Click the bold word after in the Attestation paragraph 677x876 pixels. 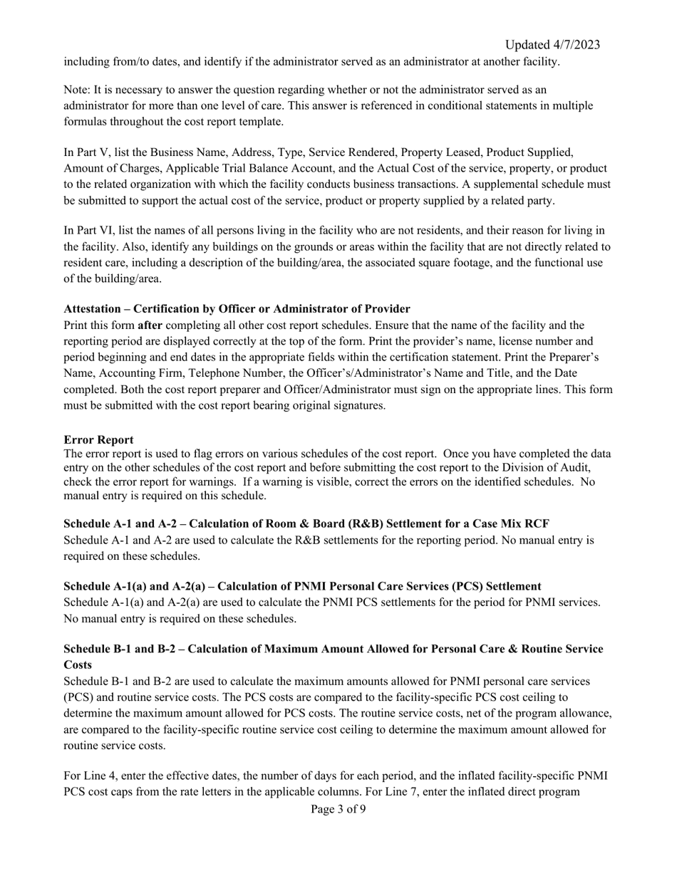150,325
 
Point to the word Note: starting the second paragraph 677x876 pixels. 78,90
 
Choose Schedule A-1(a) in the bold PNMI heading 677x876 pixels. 103,586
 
